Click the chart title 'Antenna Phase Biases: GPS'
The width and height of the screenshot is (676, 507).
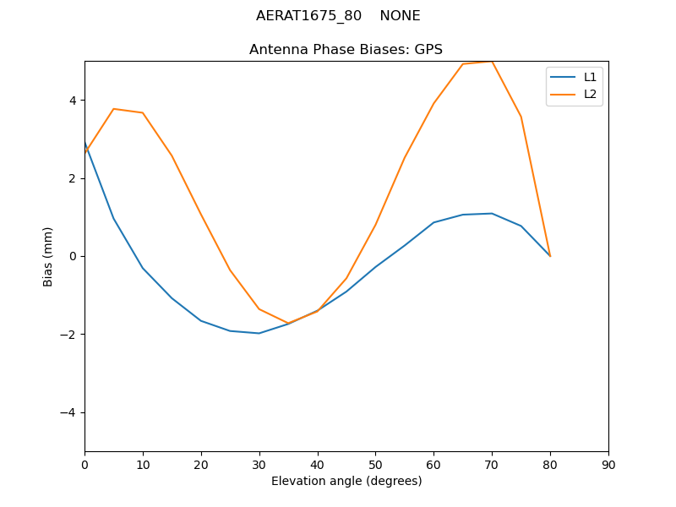pos(346,50)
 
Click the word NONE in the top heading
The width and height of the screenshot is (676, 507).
pos(400,16)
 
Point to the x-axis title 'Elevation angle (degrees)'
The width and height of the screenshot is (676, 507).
pos(346,481)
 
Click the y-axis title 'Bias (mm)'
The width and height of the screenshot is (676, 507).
pos(48,256)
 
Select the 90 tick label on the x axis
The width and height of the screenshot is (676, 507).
pos(608,464)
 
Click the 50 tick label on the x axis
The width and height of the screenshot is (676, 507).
pos(375,464)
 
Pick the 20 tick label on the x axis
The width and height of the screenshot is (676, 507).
pos(201,464)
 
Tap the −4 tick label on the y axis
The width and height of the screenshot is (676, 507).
pos(68,412)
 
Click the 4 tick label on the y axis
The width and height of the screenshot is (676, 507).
pos(72,101)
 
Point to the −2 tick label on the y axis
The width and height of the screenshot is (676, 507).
pos(68,335)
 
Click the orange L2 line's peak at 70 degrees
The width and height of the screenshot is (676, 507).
pos(492,62)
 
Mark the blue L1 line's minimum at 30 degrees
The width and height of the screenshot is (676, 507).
pos(259,333)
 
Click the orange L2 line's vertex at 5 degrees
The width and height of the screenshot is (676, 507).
pos(113,109)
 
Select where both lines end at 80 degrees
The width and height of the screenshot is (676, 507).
pos(550,256)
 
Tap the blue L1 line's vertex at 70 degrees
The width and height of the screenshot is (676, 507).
pos(492,214)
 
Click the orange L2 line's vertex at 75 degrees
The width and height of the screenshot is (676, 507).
pos(521,117)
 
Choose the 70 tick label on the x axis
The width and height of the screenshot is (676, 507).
pos(492,464)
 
